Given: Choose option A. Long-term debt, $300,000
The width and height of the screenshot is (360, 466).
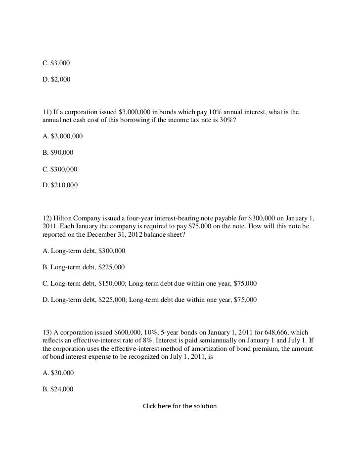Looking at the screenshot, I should [x=84, y=251].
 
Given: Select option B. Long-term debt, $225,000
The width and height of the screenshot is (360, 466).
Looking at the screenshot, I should [x=83, y=267].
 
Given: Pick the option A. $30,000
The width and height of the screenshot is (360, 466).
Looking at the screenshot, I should [x=57, y=373].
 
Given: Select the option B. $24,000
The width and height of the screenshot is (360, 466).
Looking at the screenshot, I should [x=57, y=389].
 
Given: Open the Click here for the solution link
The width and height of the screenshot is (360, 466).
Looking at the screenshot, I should [x=180, y=406].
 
